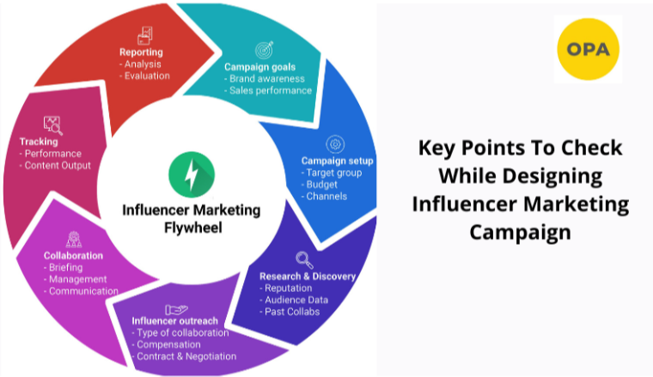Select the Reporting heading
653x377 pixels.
coord(141,52)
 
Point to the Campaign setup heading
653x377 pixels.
coord(335,161)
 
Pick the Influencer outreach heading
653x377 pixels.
coord(170,321)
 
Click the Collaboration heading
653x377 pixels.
coord(73,255)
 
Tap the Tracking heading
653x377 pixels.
coord(39,141)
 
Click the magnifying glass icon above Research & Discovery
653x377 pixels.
coord(304,258)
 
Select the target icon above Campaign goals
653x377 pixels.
coord(264,50)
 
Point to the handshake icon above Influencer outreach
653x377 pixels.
coord(177,308)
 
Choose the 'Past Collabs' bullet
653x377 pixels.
coord(292,311)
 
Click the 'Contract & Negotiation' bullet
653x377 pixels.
coord(184,356)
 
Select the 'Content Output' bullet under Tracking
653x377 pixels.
coord(57,165)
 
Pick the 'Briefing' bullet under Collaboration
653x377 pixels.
coord(69,267)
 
